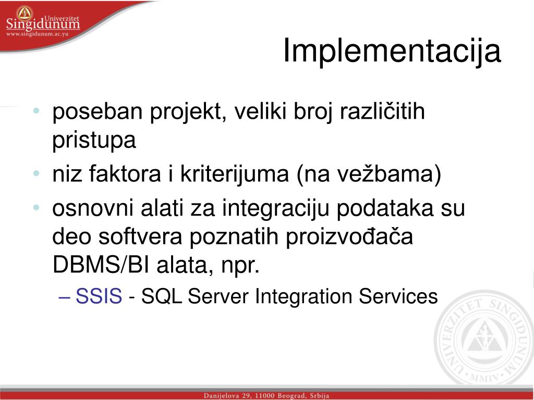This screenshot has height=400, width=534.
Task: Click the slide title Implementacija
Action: coord(392,51)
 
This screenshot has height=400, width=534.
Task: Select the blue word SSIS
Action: coord(99,296)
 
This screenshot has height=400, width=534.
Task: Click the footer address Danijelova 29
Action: coord(226,396)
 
